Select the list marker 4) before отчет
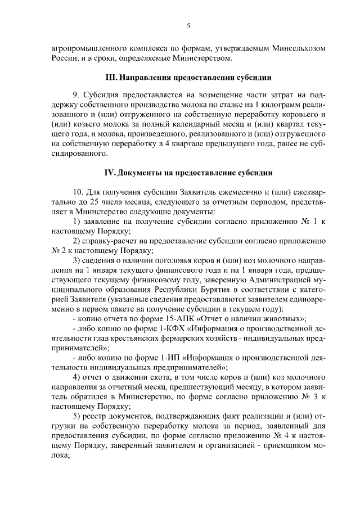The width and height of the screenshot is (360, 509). [x=77, y=376]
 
